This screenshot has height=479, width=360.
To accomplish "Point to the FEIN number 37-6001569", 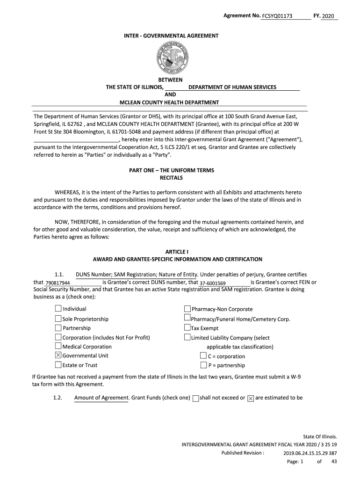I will [213, 283].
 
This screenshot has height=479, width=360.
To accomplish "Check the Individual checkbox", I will [58, 309].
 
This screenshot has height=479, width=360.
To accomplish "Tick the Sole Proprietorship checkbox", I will [58, 319].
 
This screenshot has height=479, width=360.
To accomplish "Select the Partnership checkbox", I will [58, 328].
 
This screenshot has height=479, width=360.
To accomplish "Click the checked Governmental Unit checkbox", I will [58, 356].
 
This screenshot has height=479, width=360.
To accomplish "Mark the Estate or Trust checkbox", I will [58, 365].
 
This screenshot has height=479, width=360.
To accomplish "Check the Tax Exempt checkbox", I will [187, 328].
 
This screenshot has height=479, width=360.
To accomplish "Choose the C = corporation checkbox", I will [203, 356].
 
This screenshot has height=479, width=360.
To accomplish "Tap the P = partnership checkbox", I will [203, 365].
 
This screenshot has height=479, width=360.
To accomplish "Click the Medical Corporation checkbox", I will [58, 346].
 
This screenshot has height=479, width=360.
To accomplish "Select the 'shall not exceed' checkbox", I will [195, 398].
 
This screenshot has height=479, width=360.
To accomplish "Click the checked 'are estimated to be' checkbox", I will [251, 398].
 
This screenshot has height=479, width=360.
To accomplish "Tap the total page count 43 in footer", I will [334, 462].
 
